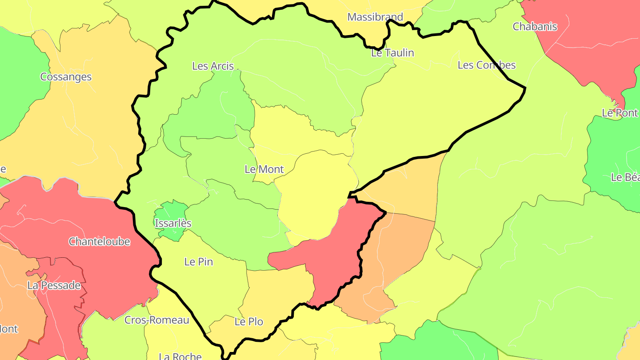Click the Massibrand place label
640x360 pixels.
click(x=375, y=17)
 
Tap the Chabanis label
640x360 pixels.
click(x=535, y=27)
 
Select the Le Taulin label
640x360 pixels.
click(x=392, y=53)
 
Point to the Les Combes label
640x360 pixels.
click(x=486, y=65)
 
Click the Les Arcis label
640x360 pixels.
click(x=213, y=66)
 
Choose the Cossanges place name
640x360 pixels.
click(x=66, y=77)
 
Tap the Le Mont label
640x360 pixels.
click(x=264, y=169)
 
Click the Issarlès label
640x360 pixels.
click(x=173, y=223)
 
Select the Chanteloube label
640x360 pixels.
click(x=99, y=242)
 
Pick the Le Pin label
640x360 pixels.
click(x=199, y=262)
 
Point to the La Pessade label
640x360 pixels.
click(x=54, y=285)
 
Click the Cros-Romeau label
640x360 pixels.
click(x=156, y=320)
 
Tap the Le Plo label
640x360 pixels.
click(x=249, y=322)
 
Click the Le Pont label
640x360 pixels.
click(x=620, y=113)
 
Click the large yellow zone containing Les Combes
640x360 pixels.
click(x=427, y=111)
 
